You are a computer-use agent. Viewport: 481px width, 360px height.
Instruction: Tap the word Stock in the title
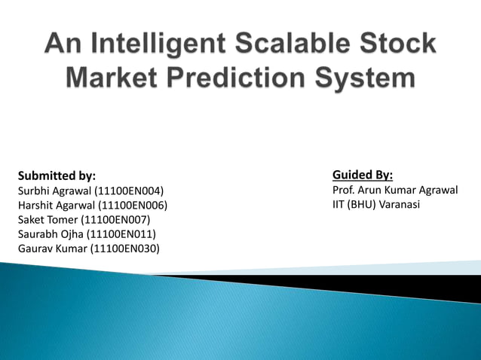click(397, 44)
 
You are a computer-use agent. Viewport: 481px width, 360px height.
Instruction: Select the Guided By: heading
click(363, 175)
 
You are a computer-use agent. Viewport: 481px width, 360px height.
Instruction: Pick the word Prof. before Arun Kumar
click(344, 190)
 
